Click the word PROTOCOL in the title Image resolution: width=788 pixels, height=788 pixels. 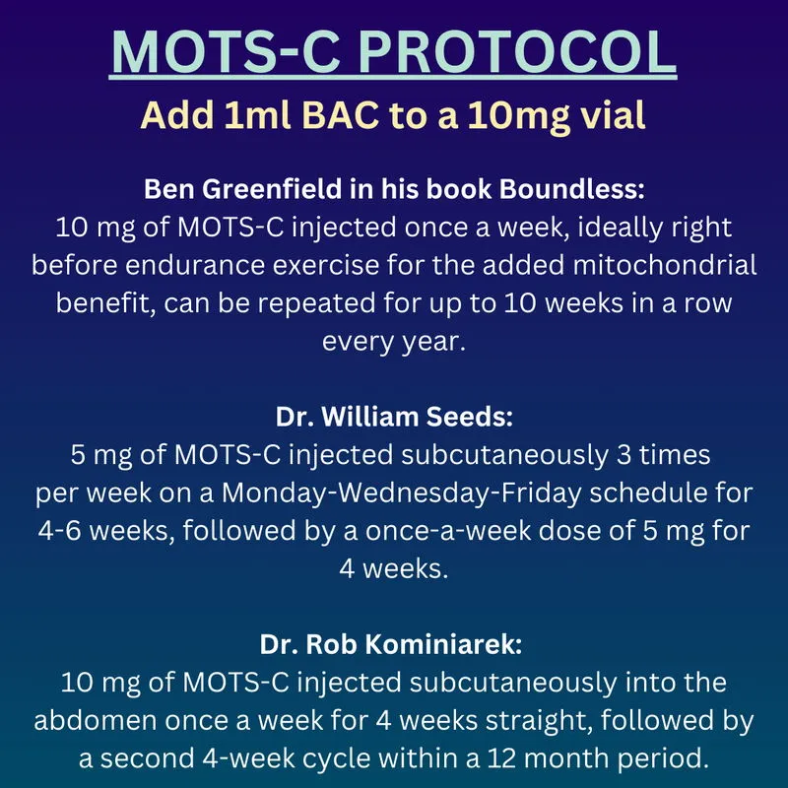[517, 52]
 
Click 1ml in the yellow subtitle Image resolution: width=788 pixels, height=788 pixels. [257, 115]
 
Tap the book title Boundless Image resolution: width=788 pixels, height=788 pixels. [571, 189]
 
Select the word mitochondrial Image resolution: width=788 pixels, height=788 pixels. [664, 265]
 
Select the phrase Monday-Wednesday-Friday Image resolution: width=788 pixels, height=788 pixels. [402, 493]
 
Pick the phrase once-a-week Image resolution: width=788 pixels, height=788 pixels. [448, 531]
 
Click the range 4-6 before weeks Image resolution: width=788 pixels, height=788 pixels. [59, 531]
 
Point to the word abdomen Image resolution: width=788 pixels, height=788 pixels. [96, 721]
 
